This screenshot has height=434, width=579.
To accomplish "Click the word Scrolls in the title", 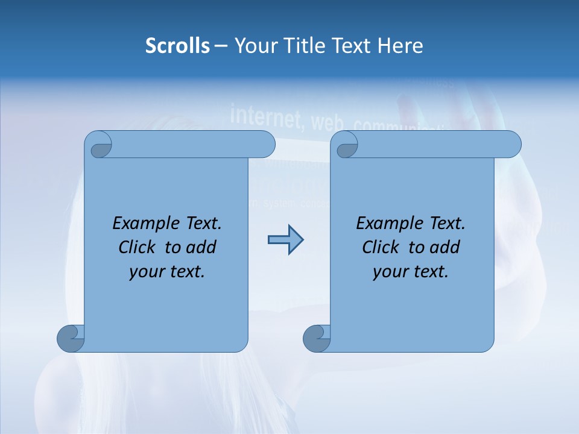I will (177, 46).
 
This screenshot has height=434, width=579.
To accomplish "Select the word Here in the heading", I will (400, 46).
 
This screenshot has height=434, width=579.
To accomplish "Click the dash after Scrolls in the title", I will (221, 46).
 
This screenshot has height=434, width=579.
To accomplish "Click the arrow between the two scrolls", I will (285, 239).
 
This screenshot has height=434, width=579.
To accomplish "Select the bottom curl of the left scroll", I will (71, 338).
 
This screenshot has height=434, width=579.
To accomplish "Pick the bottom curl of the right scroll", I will (317, 338).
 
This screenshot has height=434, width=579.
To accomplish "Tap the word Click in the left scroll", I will (136, 248).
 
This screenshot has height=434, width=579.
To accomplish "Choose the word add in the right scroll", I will (446, 248).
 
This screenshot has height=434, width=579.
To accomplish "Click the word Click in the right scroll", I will (380, 248).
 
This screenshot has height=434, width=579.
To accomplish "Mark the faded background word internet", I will (267, 116).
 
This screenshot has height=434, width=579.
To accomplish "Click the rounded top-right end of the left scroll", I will (264, 144).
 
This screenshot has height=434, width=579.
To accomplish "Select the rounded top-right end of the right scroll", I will (510, 144).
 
